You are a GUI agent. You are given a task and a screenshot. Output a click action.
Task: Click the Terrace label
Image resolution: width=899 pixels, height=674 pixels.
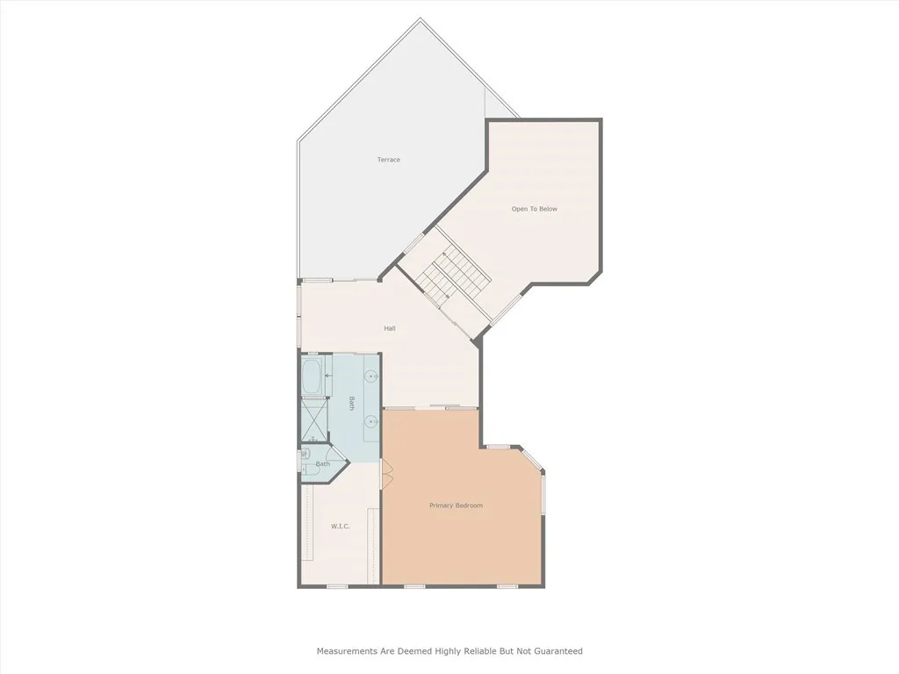(389, 160)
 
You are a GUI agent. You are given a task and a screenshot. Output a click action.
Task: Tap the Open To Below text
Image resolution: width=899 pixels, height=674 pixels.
(535, 209)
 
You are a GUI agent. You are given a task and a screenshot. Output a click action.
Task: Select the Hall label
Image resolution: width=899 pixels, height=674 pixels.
(390, 328)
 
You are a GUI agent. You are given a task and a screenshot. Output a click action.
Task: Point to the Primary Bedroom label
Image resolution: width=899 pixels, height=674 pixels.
(456, 505)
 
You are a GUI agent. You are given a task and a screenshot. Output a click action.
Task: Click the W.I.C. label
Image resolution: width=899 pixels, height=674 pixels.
(340, 526)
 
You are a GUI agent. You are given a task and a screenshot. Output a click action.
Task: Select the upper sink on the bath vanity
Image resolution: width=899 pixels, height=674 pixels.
(372, 376)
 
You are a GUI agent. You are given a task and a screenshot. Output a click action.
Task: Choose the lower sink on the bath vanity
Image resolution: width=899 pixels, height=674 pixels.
(372, 421)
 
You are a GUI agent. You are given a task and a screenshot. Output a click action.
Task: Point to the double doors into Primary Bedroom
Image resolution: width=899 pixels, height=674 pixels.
(384, 475)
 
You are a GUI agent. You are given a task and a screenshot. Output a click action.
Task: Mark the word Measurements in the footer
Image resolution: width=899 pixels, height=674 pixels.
(348, 651)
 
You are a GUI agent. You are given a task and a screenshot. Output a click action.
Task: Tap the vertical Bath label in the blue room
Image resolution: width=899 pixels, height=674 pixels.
(352, 404)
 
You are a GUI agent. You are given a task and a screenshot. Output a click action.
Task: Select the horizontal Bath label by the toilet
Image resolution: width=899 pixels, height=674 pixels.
(323, 463)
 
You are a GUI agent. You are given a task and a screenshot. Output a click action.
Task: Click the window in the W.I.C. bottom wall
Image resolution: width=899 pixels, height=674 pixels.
(337, 585)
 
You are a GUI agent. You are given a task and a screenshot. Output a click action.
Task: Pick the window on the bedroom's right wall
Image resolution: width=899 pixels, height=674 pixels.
(543, 493)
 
